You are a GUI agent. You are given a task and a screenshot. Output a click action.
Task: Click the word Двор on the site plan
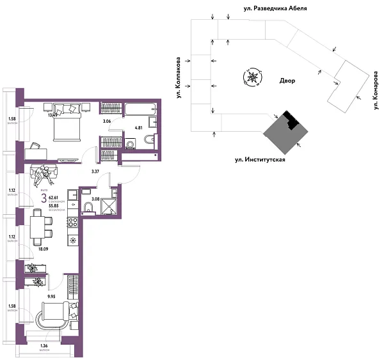coord(288,81)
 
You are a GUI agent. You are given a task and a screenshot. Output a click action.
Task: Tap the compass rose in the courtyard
coord(252,77)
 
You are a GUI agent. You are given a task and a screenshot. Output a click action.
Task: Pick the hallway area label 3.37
coord(95,171)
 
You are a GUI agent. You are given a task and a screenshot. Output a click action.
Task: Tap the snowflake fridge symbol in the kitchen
coord(73,240)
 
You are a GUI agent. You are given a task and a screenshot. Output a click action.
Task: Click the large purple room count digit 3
coord(44,199)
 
